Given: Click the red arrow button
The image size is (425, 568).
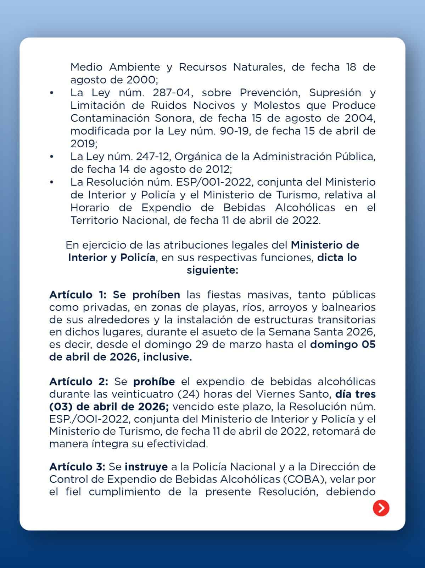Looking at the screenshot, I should (381, 508).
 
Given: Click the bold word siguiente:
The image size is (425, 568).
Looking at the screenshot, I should (212, 270).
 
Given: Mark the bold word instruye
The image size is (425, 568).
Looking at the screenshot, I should (146, 466).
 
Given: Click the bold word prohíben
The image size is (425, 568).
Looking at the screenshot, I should (156, 295).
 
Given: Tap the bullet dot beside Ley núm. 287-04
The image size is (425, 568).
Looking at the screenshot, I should (52, 93).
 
